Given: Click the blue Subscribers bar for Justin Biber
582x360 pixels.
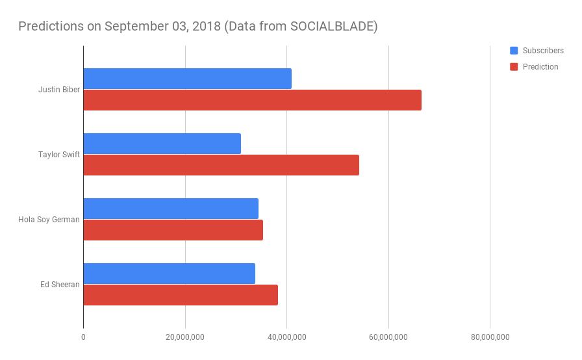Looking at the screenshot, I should [187, 79].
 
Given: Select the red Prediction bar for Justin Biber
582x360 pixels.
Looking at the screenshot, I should [252, 100].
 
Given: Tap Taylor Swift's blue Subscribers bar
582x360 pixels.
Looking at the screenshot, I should [162, 144].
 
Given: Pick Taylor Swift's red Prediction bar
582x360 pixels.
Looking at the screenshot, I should [221, 165].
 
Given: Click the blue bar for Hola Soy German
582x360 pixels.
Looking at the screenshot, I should [171, 209].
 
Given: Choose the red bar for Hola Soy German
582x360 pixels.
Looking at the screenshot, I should [173, 230].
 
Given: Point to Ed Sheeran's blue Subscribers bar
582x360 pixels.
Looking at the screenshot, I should [169, 274].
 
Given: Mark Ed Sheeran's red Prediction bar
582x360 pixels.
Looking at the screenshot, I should [181, 295].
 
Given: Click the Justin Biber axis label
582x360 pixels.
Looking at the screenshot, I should [59, 90].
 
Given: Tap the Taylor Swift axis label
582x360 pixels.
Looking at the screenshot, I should [59, 155].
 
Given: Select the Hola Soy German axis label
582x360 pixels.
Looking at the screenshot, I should [49, 220].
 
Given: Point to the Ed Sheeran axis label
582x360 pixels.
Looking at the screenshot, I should [60, 285].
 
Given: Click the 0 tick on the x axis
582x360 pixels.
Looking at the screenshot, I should [83, 337].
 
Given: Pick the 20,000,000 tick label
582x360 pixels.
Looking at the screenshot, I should [185, 337].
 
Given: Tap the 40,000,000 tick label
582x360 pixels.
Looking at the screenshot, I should [286, 337].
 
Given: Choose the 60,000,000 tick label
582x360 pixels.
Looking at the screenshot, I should [388, 337].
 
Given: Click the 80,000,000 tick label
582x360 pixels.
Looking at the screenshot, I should [490, 337].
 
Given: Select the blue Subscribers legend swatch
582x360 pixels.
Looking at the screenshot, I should [514, 51].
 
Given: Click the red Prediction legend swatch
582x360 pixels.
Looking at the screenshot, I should [514, 67].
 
